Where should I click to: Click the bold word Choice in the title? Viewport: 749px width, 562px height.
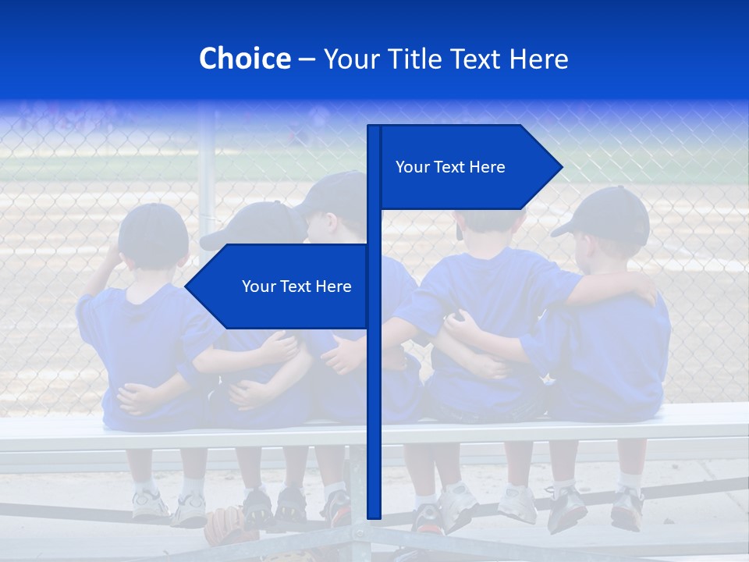[x=244, y=59]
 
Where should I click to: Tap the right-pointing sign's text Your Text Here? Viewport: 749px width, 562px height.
[x=450, y=167]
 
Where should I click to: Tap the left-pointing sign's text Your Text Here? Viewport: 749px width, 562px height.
[x=296, y=286]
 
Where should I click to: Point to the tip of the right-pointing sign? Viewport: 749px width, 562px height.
[x=561, y=166]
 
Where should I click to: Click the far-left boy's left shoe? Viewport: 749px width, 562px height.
[x=151, y=505]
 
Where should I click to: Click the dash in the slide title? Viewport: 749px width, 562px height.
[x=307, y=59]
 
